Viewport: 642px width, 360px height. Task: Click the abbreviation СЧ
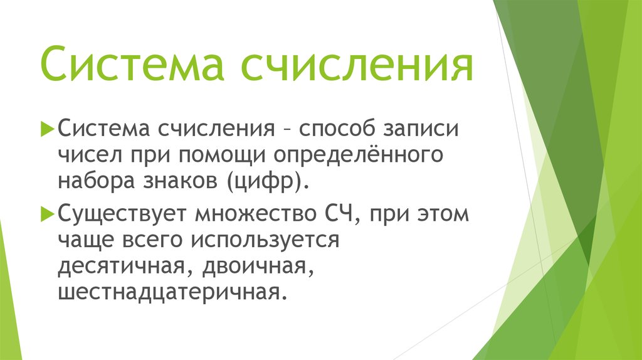pos(339,214)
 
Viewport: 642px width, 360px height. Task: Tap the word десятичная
pos(118,267)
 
